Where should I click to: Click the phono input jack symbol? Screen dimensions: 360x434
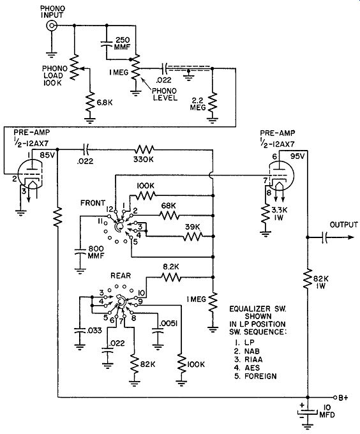[52, 26]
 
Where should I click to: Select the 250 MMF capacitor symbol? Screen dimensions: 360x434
[107, 44]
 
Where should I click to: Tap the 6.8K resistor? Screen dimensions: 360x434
[89, 103]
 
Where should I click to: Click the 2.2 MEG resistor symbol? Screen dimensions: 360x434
[213, 103]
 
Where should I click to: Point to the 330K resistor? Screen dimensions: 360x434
[144, 150]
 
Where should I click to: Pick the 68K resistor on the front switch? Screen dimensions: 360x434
[169, 215]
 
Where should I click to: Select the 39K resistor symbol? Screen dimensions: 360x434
[193, 236]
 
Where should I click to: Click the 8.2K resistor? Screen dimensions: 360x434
[171, 277]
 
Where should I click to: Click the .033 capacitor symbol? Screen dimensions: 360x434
[80, 330]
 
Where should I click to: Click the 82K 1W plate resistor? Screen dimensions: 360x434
[308, 279]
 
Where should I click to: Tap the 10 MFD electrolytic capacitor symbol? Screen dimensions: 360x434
[308, 412]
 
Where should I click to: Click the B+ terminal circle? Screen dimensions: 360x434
[335, 398]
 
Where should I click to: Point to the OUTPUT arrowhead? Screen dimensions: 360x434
[350, 237]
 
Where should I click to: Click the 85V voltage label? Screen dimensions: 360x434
[47, 155]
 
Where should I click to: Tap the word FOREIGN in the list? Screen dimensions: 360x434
[260, 376]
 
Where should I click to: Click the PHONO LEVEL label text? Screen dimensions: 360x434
[165, 94]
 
